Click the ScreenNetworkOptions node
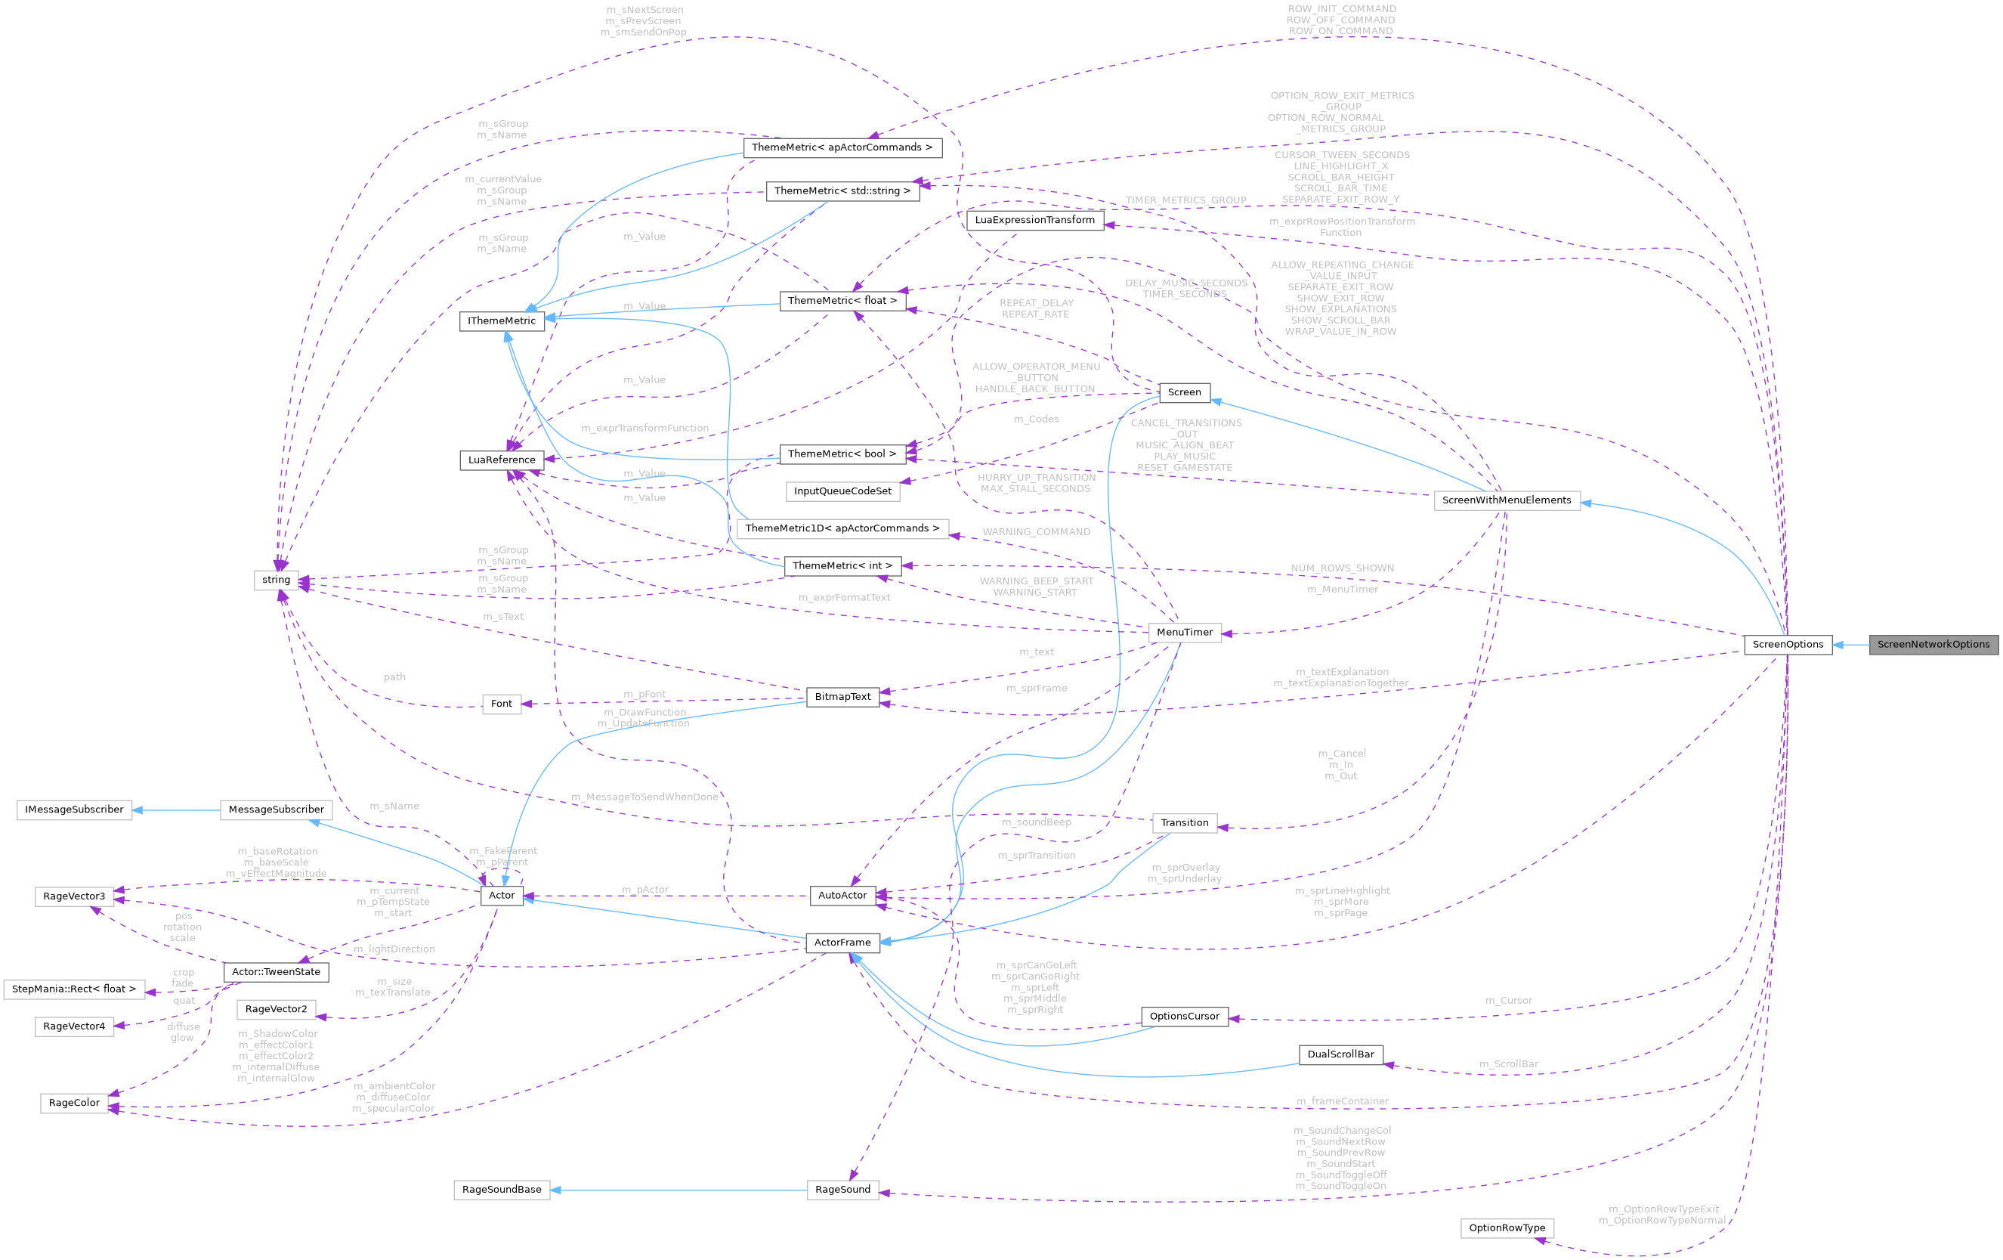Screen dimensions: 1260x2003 tap(1933, 644)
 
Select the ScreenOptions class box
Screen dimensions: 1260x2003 tap(1788, 644)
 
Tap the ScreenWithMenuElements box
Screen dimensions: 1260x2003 tap(1507, 500)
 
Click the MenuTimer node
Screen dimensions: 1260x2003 tap(1185, 633)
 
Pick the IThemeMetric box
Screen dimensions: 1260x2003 tap(502, 321)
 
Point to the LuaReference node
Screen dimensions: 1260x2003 tap(502, 460)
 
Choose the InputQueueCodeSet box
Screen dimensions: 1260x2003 tap(842, 491)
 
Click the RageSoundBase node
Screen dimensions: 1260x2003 tap(502, 1189)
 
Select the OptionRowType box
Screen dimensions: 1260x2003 tap(1507, 1227)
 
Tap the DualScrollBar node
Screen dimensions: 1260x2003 tap(1340, 1054)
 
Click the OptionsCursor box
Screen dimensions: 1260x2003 tap(1185, 1016)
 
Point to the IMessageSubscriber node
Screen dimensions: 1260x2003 tap(74, 810)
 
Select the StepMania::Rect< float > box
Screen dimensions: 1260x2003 tap(74, 989)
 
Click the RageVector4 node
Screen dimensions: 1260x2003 tap(74, 1026)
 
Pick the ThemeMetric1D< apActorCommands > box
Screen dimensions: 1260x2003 tap(842, 528)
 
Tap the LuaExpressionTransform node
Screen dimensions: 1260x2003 tap(1035, 220)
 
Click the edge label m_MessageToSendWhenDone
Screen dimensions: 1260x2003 tap(644, 797)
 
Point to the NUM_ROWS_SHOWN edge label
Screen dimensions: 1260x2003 tap(1343, 568)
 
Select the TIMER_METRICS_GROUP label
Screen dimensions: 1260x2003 tap(1185, 200)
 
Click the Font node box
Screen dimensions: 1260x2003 tap(502, 704)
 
